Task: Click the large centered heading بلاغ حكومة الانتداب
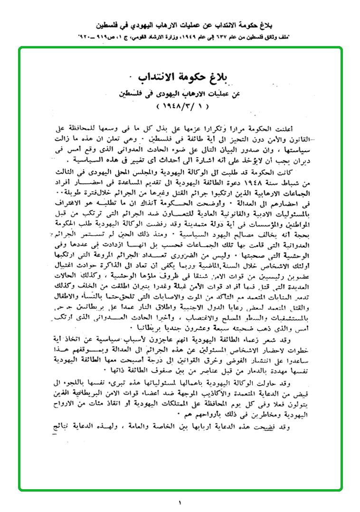(x=181, y=77)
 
